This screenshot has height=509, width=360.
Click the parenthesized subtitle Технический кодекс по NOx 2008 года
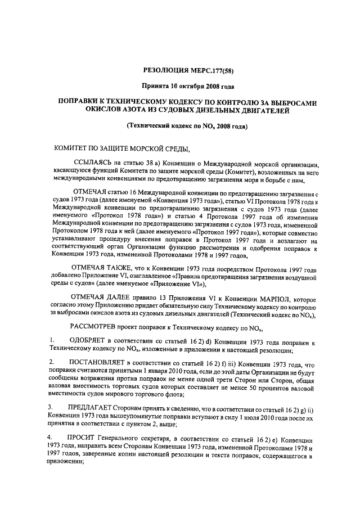pos(186,128)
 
